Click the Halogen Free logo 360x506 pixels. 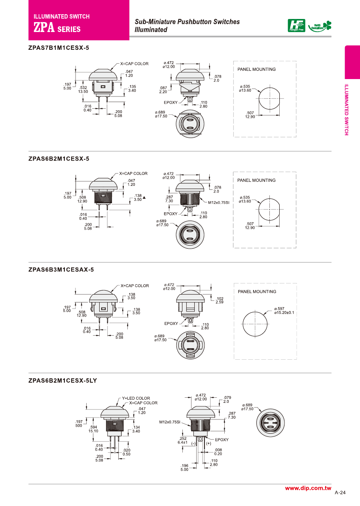[x=296, y=26]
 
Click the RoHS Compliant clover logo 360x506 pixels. [x=320, y=26]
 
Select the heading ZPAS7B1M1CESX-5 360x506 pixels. [x=59, y=48]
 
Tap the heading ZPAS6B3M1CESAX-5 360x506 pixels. [x=61, y=270]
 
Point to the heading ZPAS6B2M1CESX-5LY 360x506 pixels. [x=63, y=381]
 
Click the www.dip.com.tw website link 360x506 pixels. [x=308, y=488]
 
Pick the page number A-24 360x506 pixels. [x=340, y=493]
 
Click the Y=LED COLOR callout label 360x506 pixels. [x=136, y=398]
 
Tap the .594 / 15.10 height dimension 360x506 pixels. [x=93, y=429]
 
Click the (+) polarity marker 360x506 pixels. [x=208, y=444]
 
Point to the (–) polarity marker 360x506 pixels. [x=194, y=444]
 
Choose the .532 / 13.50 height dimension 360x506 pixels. [x=83, y=89]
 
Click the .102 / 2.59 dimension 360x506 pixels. [x=220, y=300]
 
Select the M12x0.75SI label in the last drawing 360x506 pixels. [x=170, y=422]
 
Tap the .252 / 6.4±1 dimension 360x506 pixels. [x=182, y=440]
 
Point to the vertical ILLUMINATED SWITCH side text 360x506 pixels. [x=346, y=110]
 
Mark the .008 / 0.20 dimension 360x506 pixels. [x=218, y=452]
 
